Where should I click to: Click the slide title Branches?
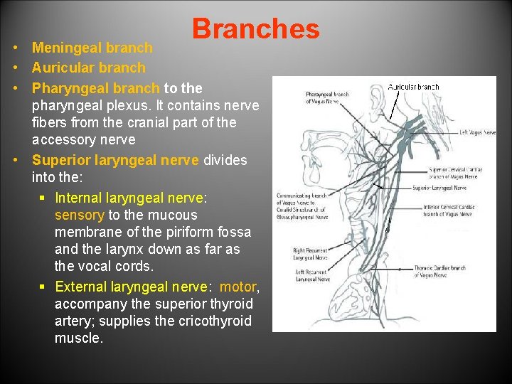(x=255, y=29)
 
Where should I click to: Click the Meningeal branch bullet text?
(x=92, y=48)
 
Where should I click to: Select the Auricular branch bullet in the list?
(x=88, y=68)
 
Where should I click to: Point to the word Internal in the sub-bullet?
(x=81, y=198)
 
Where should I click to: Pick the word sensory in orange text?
(x=80, y=215)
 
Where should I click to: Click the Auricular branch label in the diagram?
(x=414, y=87)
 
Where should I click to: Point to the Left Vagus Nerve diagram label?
(x=477, y=132)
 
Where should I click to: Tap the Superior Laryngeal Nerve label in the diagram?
(x=439, y=188)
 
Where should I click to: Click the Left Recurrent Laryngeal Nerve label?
(x=311, y=275)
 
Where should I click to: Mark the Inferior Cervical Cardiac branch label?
(x=448, y=210)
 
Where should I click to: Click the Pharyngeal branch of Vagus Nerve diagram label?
(x=326, y=97)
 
